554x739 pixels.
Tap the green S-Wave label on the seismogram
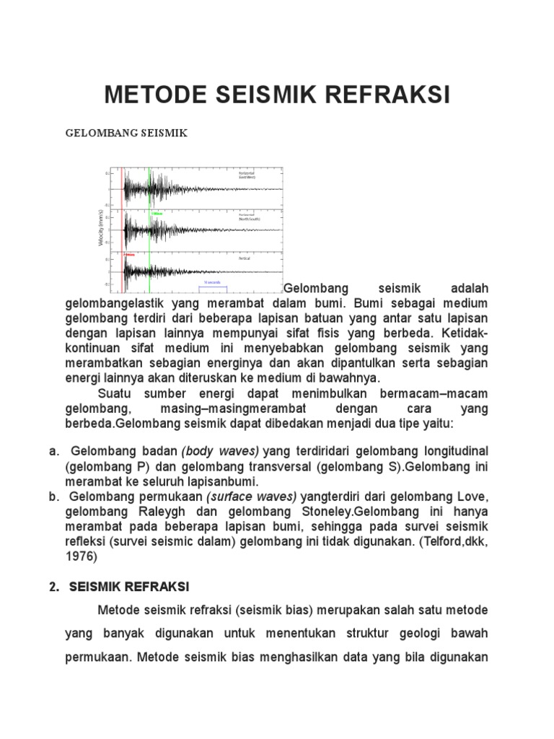pyautogui.click(x=157, y=214)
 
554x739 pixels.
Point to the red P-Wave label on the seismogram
pyautogui.click(x=129, y=254)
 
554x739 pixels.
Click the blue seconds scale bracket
pyautogui.click(x=213, y=286)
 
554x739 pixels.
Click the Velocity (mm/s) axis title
pyautogui.click(x=101, y=228)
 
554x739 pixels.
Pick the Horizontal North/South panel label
pyautogui.click(x=249, y=217)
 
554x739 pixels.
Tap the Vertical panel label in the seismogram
pyautogui.click(x=244, y=258)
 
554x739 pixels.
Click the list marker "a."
pyautogui.click(x=54, y=452)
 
